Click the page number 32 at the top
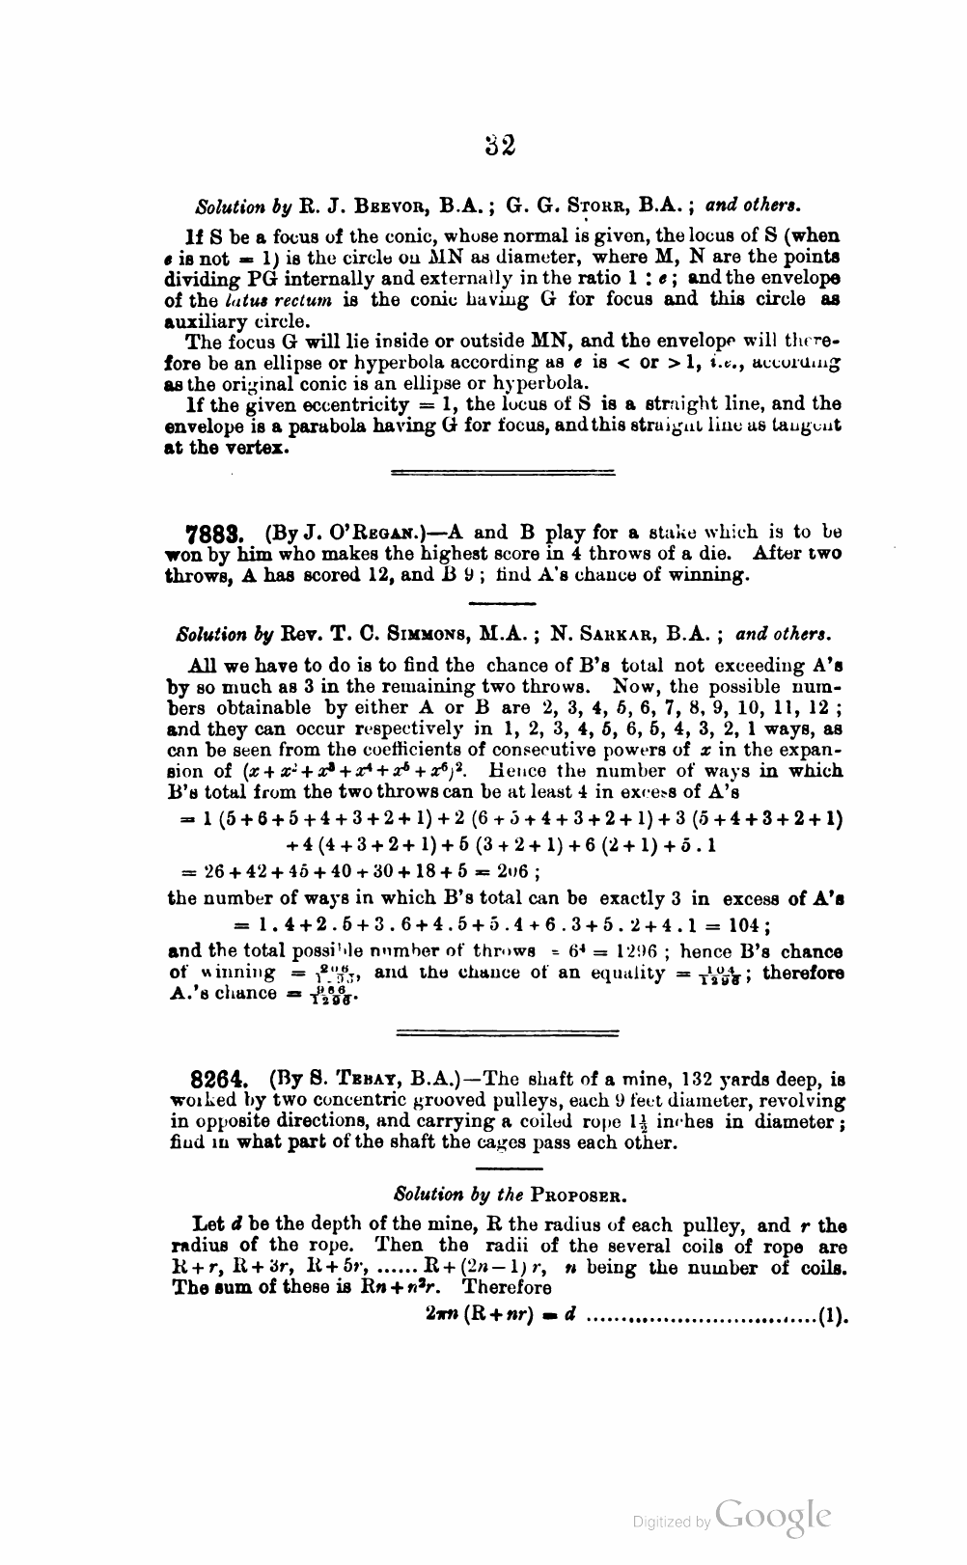coord(500,145)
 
